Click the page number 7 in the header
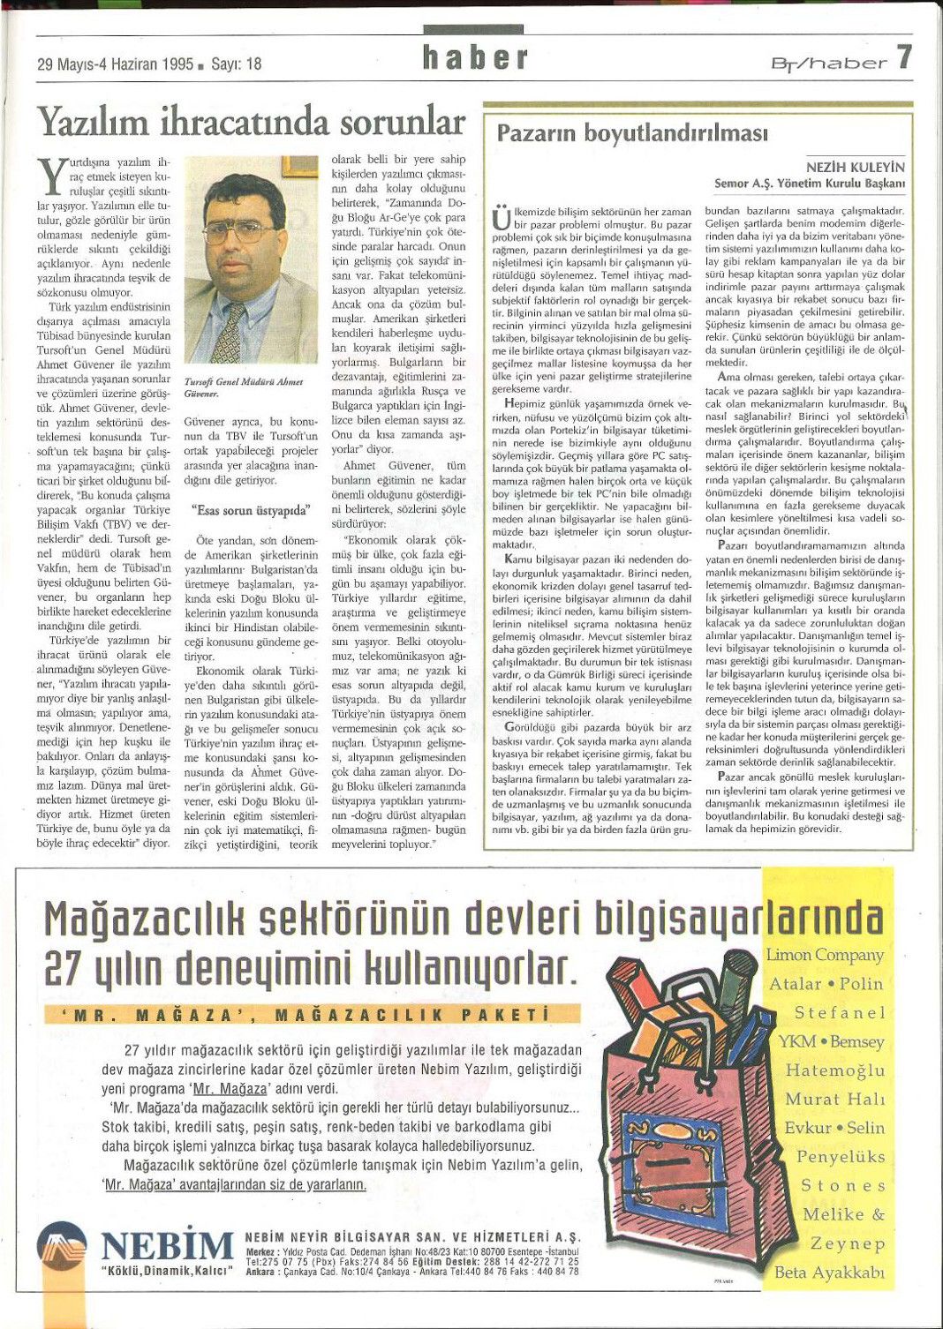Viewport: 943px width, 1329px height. [x=902, y=57]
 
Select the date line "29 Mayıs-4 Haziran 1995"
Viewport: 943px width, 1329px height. [x=116, y=64]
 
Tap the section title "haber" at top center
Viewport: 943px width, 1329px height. [x=475, y=57]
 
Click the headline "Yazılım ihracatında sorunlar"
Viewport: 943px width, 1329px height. [x=251, y=122]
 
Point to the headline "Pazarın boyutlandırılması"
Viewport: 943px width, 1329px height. [x=632, y=133]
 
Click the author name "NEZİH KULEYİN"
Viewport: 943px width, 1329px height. [x=855, y=167]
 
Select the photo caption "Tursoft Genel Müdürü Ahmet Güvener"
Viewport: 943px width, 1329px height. [x=243, y=387]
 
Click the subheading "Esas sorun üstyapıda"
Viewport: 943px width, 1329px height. [x=251, y=510]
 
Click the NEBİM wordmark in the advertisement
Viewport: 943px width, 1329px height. [x=168, y=1246]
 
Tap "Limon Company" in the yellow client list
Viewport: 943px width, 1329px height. [x=824, y=955]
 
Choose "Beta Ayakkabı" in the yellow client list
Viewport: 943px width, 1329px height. [x=828, y=1272]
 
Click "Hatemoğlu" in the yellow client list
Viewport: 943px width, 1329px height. [x=834, y=1070]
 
